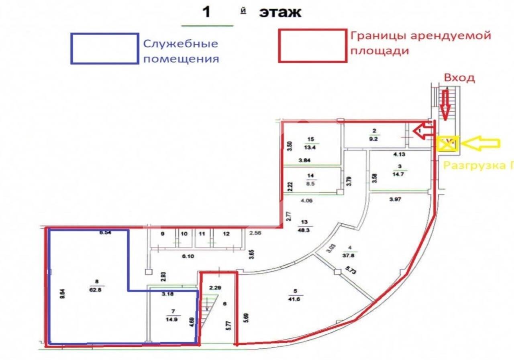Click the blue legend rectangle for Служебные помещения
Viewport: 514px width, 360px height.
click(x=105, y=49)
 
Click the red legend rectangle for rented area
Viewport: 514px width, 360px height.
click(x=313, y=46)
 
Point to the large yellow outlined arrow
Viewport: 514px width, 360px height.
click(x=481, y=142)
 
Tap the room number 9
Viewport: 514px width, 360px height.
click(x=163, y=233)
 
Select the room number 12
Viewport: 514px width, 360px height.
click(x=226, y=233)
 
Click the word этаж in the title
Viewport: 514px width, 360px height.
click(x=280, y=12)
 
